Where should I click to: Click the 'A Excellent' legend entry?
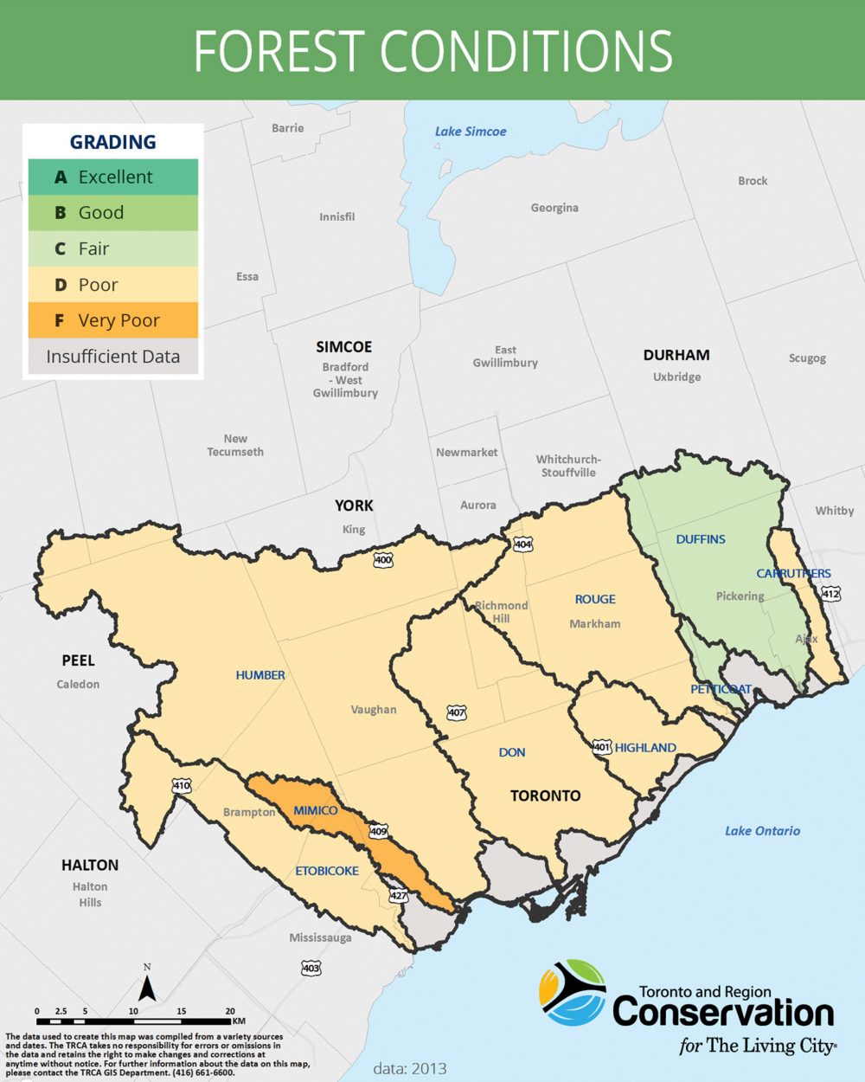coord(112,177)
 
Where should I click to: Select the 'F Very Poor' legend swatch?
coord(112,320)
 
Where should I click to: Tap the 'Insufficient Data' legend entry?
coord(112,357)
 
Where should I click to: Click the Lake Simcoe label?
coord(471,132)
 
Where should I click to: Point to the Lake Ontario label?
coord(762,831)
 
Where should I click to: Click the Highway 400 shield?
coord(383,561)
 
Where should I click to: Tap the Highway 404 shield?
coord(523,544)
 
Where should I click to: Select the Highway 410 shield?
coord(181,786)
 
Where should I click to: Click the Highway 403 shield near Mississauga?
coord(311,968)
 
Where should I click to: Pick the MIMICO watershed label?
coord(316,810)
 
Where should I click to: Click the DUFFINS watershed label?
coord(701,539)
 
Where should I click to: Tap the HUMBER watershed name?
coord(260,675)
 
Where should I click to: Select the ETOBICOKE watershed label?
coord(327,871)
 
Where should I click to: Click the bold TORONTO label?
coord(545,795)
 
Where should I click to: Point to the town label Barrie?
coord(288,128)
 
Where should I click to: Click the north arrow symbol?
coord(147,986)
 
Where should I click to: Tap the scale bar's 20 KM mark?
coord(230,1011)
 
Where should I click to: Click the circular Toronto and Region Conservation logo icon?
coord(572,993)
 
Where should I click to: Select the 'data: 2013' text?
coord(410,1068)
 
